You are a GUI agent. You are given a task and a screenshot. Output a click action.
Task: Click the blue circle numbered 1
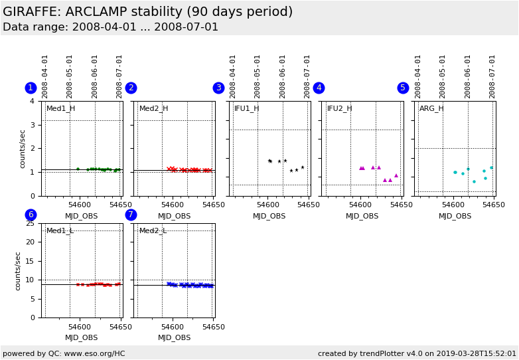(x=31, y=88)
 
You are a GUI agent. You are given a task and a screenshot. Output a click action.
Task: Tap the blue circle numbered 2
(x=131, y=88)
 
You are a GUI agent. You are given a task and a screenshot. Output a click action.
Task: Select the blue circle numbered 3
(x=218, y=88)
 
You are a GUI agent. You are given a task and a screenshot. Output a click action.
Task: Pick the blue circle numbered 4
(x=319, y=88)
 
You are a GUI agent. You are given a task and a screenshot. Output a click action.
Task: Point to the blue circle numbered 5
(x=403, y=88)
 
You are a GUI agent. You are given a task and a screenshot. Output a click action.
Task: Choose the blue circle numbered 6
(x=31, y=215)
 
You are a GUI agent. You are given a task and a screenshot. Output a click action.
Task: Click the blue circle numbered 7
(x=131, y=215)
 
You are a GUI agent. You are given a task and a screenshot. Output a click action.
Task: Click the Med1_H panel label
(x=60, y=108)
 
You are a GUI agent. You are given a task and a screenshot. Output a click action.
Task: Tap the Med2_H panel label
(x=153, y=108)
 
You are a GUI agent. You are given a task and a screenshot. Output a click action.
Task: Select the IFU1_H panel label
(x=246, y=108)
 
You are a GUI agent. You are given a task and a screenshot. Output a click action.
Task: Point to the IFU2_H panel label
(x=339, y=108)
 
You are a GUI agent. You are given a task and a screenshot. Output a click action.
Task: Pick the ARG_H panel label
(x=431, y=108)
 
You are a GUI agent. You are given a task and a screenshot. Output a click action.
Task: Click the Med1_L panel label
(x=60, y=230)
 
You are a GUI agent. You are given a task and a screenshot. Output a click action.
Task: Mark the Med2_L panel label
(x=153, y=230)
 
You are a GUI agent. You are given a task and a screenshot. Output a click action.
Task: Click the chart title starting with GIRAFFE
(x=147, y=12)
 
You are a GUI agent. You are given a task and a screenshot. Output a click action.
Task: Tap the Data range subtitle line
(x=110, y=27)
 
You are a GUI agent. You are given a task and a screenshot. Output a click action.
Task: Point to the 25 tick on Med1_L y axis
(x=30, y=223)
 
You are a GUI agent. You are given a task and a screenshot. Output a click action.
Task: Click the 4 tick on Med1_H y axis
(x=32, y=101)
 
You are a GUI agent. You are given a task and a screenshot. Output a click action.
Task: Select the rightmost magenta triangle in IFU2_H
(x=396, y=175)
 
